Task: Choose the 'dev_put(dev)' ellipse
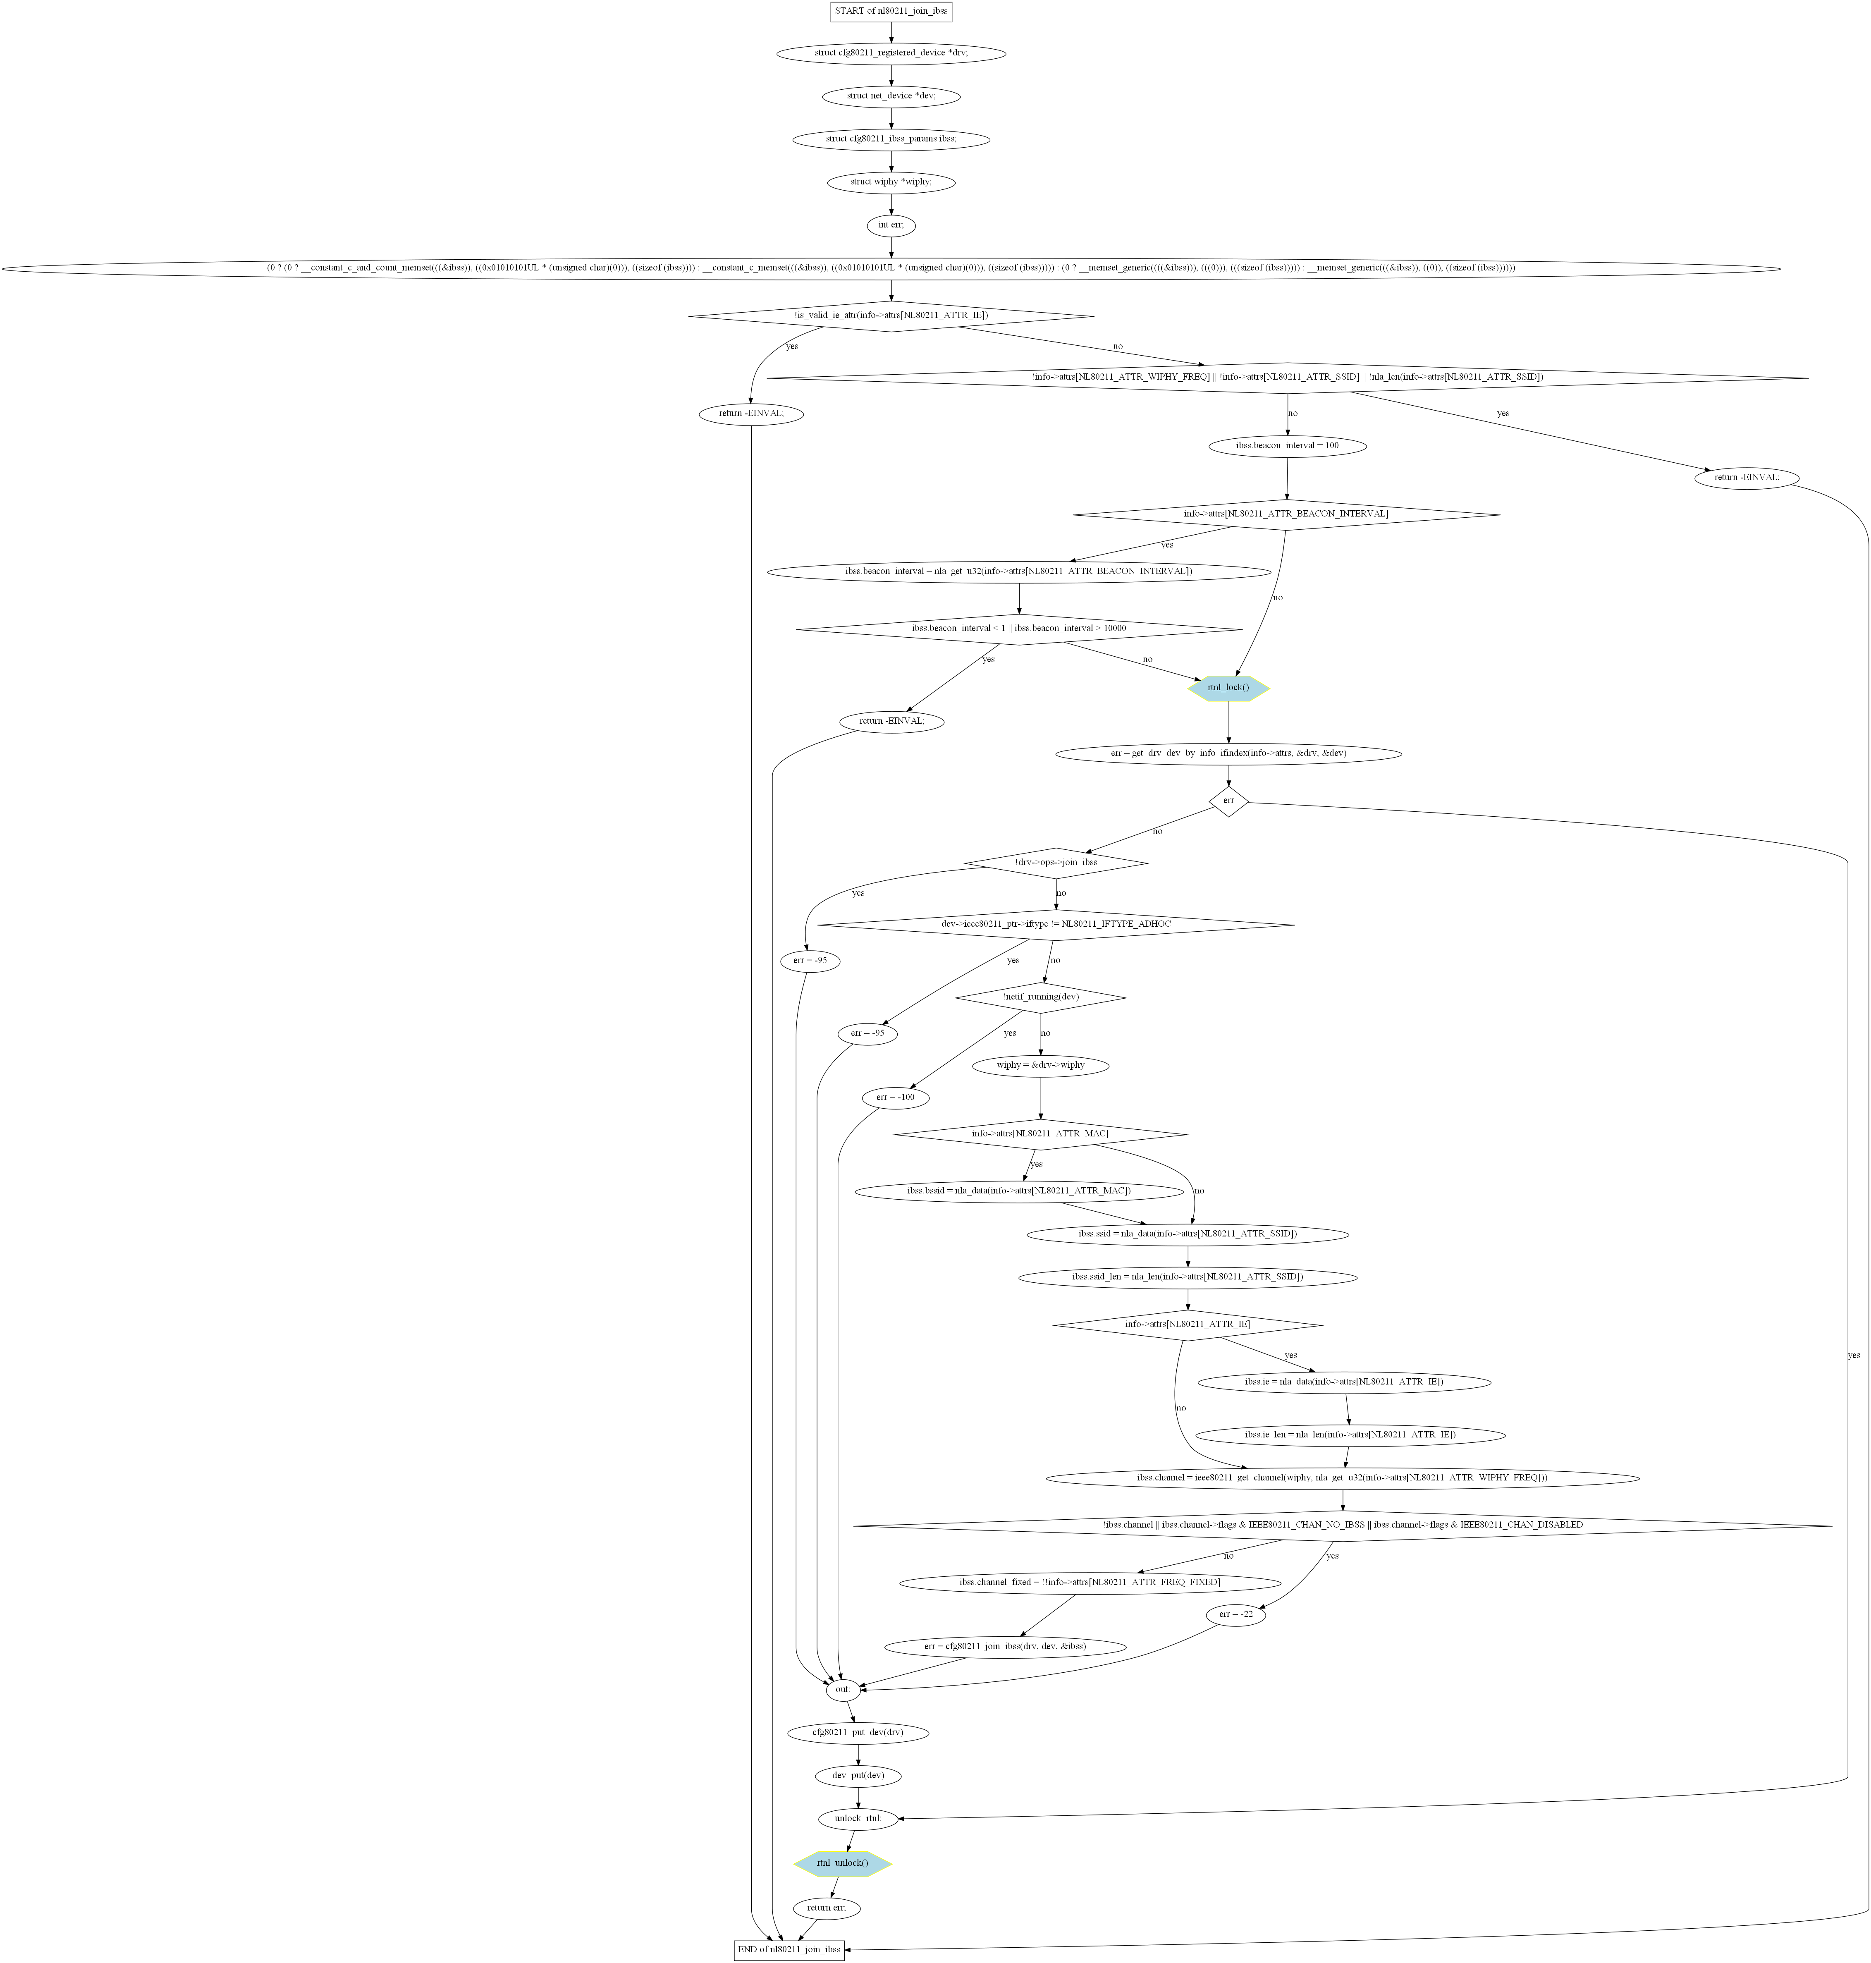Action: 858,1776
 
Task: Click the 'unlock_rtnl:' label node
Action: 858,1818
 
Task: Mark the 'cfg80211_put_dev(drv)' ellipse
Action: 858,1733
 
